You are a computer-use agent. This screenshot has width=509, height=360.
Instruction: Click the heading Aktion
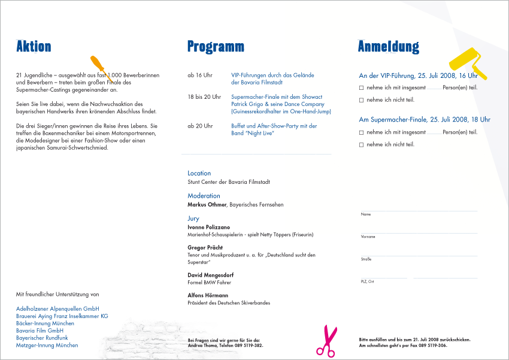click(34, 46)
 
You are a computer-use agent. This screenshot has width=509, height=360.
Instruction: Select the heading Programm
click(216, 46)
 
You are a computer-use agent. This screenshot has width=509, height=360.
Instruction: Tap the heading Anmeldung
click(388, 46)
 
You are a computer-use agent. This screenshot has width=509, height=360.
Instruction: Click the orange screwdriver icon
click(101, 68)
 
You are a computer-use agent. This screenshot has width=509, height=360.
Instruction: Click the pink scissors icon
click(326, 341)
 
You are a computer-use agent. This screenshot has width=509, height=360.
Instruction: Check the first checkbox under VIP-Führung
click(362, 88)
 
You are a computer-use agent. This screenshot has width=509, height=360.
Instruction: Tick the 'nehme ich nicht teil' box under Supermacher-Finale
click(362, 144)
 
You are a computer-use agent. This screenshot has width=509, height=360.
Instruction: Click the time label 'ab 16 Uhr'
click(200, 75)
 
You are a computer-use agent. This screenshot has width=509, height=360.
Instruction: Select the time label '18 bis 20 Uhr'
click(204, 97)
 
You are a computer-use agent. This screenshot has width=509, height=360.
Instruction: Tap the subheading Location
click(199, 173)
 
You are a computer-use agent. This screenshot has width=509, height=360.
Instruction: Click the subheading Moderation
click(204, 196)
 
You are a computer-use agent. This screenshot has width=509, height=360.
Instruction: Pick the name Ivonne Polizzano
click(208, 228)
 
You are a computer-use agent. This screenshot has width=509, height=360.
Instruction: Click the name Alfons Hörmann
click(208, 295)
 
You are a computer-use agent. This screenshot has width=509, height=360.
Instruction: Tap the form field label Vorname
click(368, 237)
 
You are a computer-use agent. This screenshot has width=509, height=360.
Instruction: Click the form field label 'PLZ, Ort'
click(367, 281)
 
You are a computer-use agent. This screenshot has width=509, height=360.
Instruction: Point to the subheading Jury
click(193, 219)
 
